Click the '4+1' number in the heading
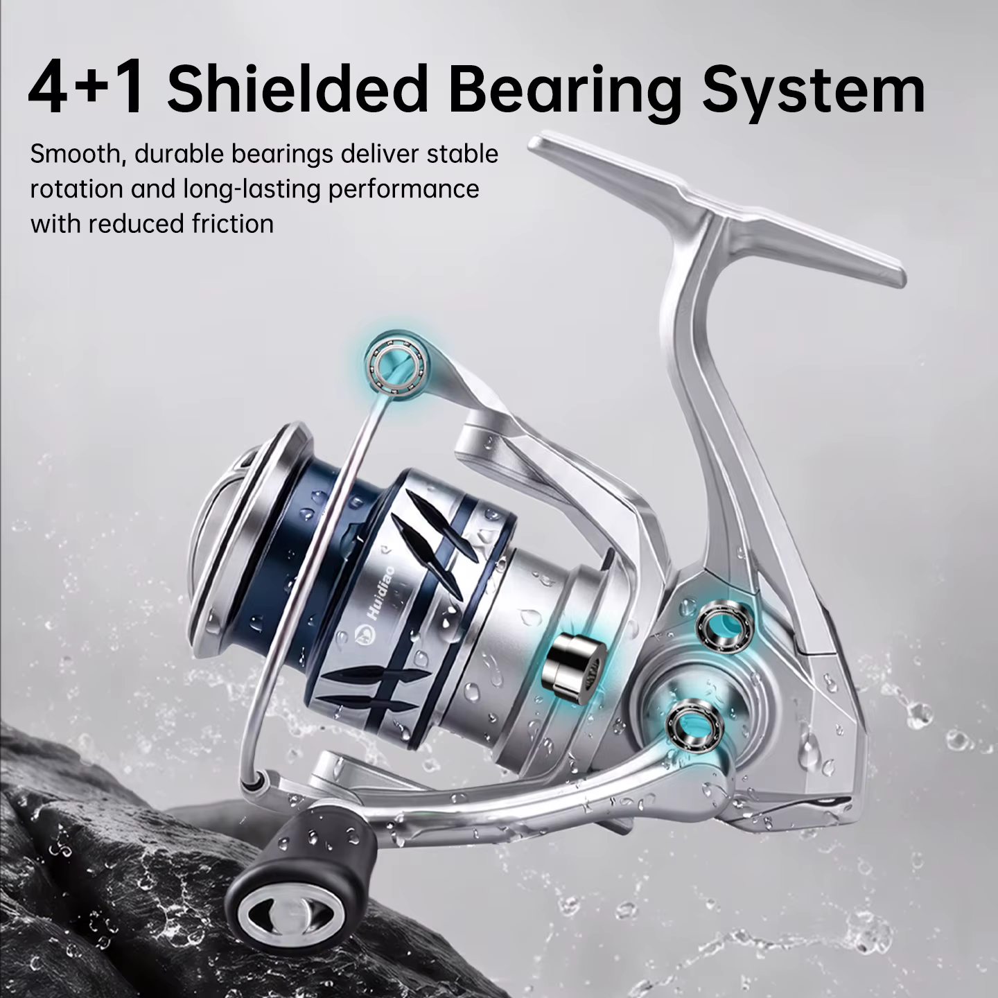[x=87, y=88]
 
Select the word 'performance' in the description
[x=403, y=191]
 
